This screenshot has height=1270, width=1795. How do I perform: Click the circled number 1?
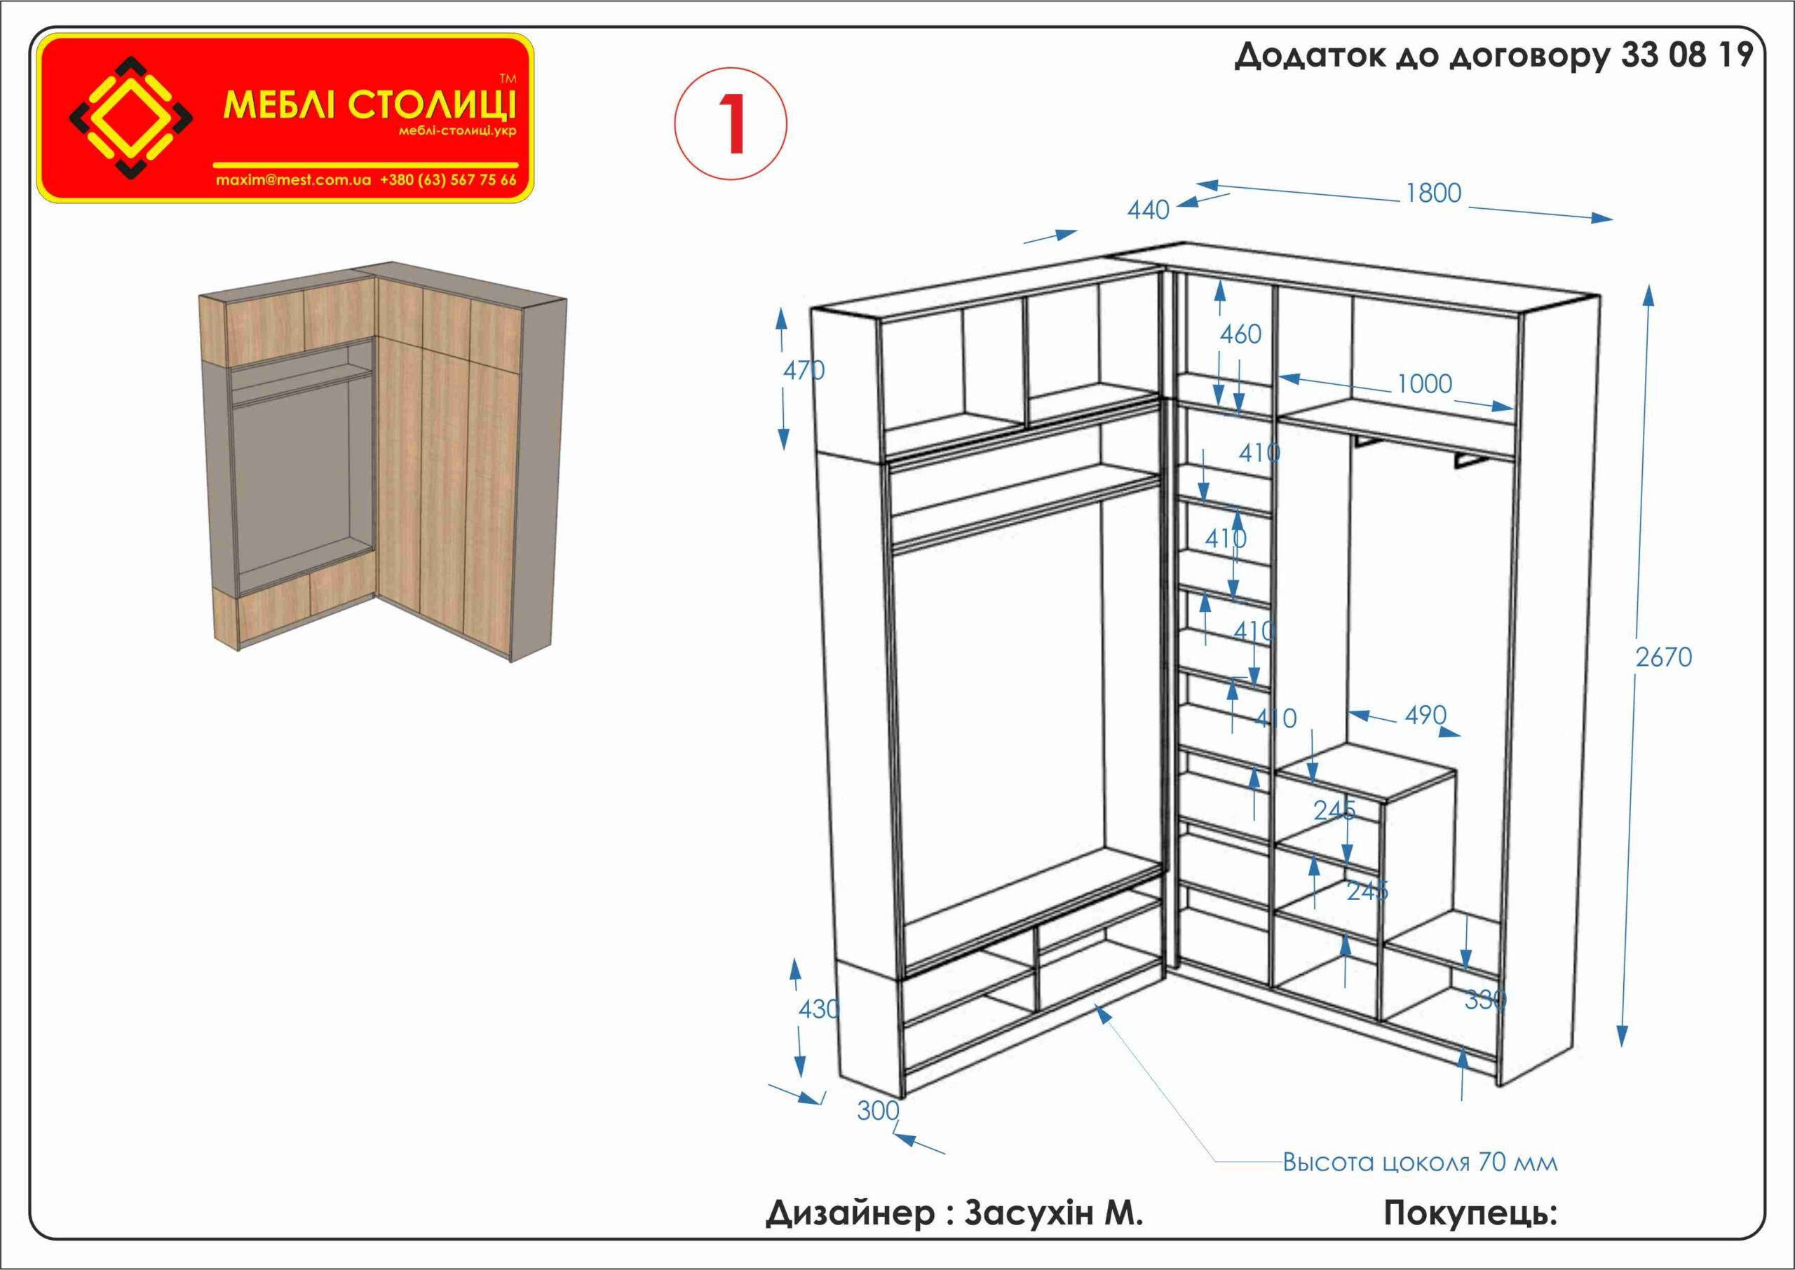731,123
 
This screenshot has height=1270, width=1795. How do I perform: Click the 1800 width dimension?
1433,193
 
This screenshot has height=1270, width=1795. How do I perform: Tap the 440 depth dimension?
1147,210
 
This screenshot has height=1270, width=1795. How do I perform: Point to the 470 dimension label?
804,370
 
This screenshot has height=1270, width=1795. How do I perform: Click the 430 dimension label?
818,1009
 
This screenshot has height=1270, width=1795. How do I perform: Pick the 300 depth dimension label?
878,1110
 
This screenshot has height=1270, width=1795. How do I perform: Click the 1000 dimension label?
1423,384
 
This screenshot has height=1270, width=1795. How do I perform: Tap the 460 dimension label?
1240,335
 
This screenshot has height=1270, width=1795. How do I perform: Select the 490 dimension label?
1425,715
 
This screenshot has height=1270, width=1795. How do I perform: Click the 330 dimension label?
1484,999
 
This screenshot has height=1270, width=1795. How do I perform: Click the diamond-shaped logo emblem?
131,117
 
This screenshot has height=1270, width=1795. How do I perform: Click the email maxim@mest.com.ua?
293,180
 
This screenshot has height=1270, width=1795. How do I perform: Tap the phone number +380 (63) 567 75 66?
448,180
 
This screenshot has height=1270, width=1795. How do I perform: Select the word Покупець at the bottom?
1470,1213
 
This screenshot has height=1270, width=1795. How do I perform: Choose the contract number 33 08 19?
1686,56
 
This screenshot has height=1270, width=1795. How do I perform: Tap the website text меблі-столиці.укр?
456,130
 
